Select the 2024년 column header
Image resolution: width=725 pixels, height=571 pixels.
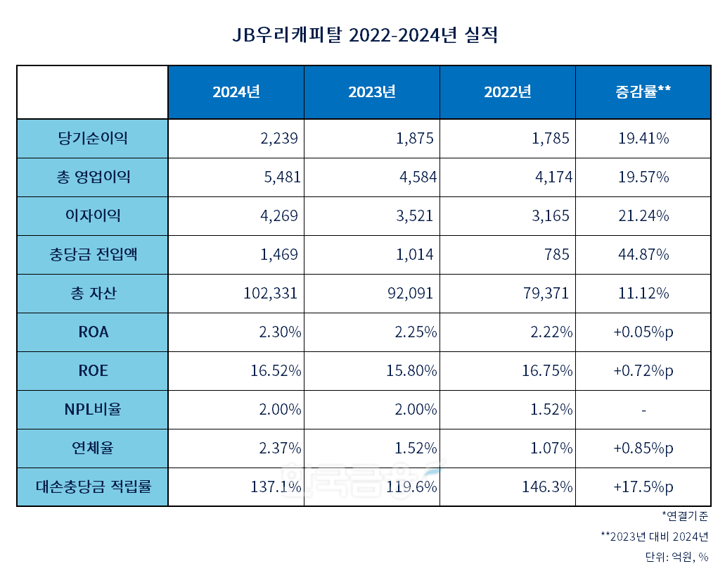pos(236,92)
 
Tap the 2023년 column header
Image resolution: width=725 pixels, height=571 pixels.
pos(372,92)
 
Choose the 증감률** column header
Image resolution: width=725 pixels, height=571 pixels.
pos(643,92)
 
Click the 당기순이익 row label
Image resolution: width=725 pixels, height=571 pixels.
pos(93,138)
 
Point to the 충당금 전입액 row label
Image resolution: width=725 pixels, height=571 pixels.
pos(93,254)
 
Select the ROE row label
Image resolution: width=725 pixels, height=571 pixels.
pos(93,370)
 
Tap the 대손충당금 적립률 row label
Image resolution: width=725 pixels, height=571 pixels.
pos(93,487)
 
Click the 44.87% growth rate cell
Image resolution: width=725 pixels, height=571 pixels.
pos(643,255)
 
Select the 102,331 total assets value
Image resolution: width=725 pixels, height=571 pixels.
pos(269,294)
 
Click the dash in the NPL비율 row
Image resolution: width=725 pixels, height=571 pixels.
pos(643,410)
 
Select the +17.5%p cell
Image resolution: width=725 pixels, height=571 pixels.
pos(643,487)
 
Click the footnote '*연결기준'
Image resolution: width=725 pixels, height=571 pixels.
pos(684,516)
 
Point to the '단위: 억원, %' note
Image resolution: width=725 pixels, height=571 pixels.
pos(676,557)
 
